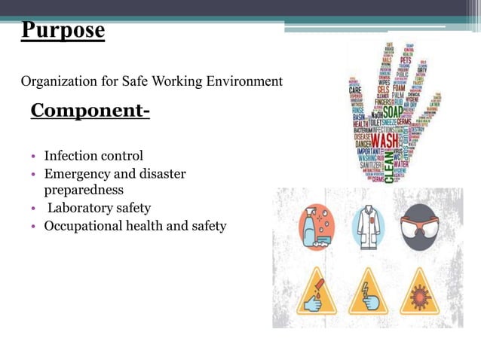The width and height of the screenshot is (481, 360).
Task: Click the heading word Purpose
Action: click(x=63, y=31)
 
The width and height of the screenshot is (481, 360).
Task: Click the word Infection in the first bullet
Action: click(x=69, y=157)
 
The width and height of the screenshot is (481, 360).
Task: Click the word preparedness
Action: click(x=84, y=190)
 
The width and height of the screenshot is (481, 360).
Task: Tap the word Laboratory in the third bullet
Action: click(x=81, y=208)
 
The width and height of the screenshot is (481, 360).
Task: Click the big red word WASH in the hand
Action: click(x=384, y=141)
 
